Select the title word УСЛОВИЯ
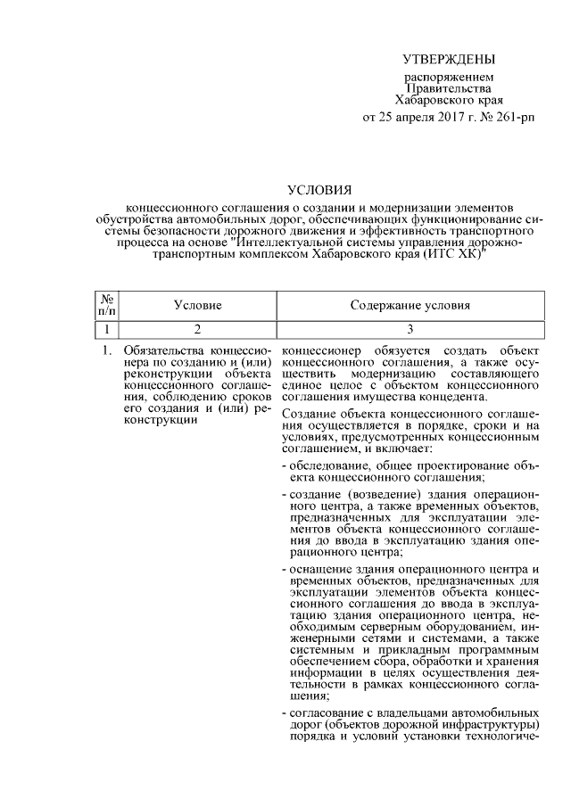pyautogui.click(x=319, y=189)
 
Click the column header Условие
pyautogui.click(x=197, y=305)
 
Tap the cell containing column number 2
pyautogui.click(x=197, y=328)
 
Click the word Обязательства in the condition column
pyautogui.click(x=163, y=353)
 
